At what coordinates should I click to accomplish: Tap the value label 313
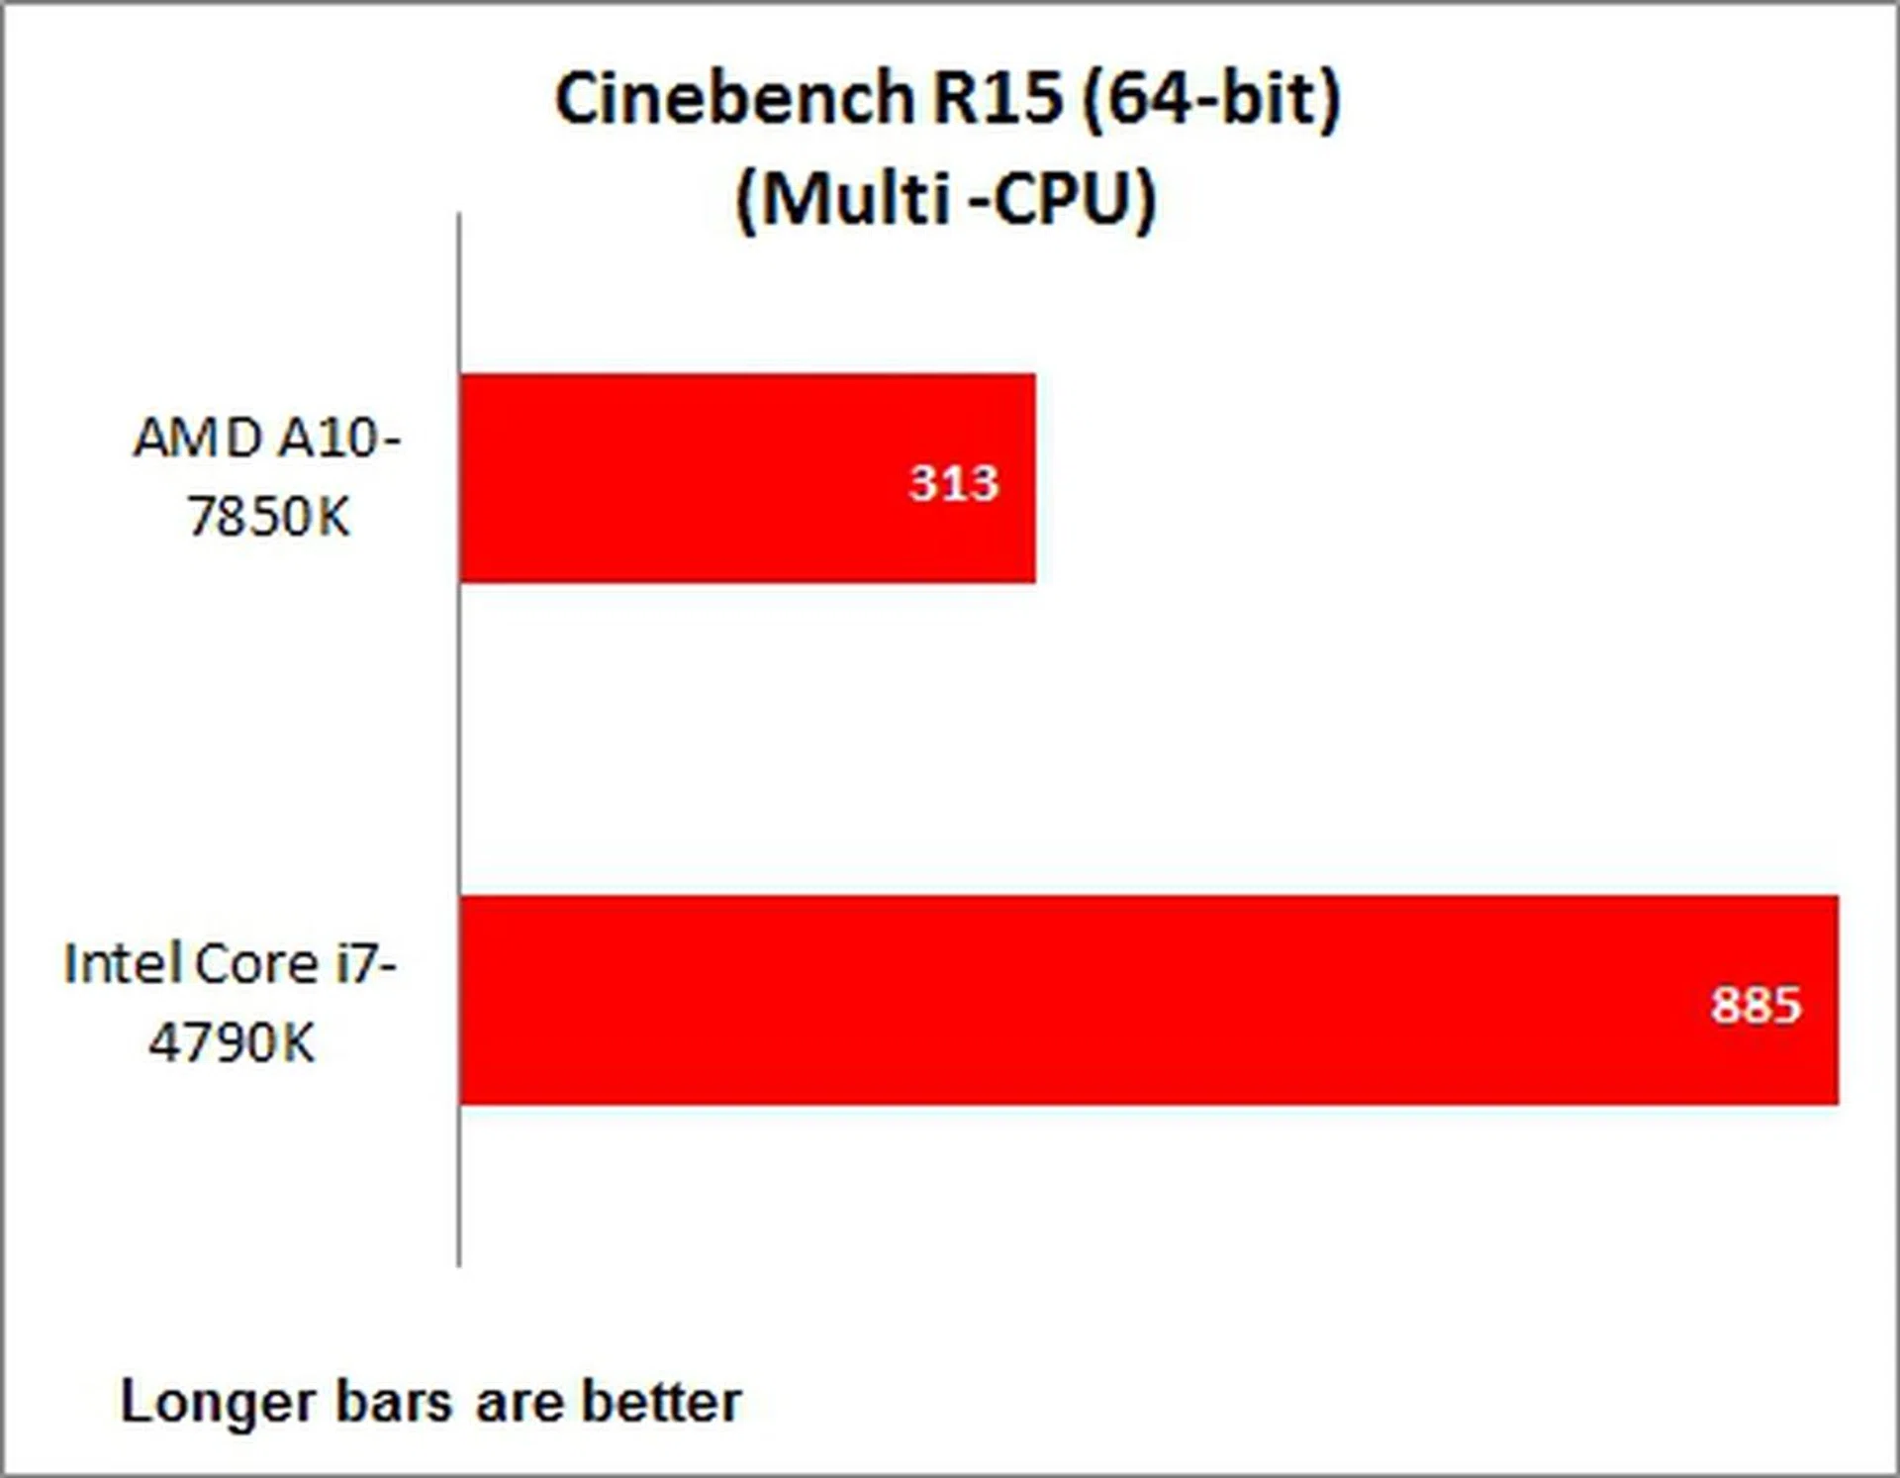click(954, 483)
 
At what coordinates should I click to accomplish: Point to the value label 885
click(1756, 1005)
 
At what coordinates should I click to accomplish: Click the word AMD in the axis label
click(198, 438)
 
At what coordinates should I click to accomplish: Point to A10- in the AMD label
click(339, 438)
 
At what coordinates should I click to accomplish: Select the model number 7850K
click(268, 516)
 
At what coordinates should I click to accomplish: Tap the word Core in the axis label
click(255, 963)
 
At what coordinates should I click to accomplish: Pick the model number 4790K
click(232, 1041)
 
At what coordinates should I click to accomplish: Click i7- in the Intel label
click(366, 963)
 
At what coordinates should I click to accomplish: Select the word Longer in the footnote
click(217, 1403)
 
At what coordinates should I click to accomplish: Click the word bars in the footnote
click(394, 1403)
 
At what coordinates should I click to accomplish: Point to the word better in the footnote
click(661, 1403)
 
